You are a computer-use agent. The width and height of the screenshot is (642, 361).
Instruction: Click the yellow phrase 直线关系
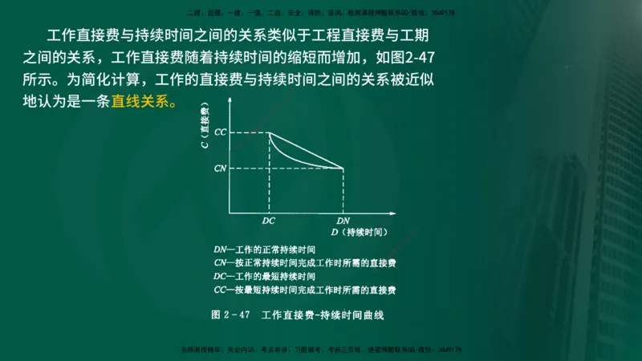tap(141, 103)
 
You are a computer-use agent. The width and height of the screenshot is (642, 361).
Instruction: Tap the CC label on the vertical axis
tap(220, 131)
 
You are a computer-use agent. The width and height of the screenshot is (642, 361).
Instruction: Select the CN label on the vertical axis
tap(220, 168)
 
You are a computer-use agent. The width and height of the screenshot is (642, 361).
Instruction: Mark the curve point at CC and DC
tap(268, 132)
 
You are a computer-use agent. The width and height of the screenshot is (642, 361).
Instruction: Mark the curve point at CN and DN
tap(343, 168)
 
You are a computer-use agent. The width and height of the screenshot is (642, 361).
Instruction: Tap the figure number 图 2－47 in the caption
tap(232, 315)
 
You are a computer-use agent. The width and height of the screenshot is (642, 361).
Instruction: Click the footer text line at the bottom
tap(321, 351)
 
